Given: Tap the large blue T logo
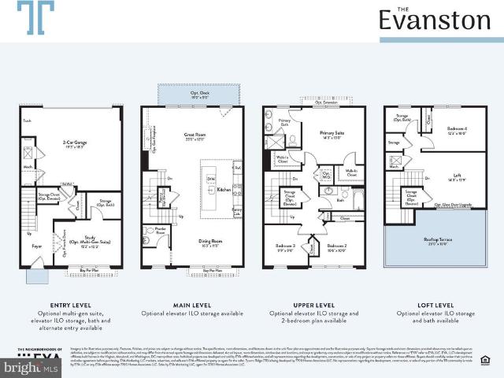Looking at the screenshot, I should [x=36, y=18].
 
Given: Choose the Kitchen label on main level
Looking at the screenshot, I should [x=223, y=190].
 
